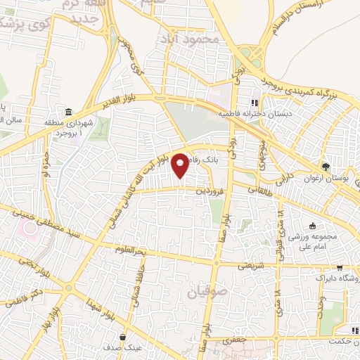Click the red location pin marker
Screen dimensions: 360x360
[x=181, y=165]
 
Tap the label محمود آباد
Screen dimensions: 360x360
[x=191, y=37]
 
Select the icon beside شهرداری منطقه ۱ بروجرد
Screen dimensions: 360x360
[x=69, y=112]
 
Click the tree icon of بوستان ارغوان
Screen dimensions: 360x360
[x=326, y=167]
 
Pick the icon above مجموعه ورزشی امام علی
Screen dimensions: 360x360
[x=312, y=226]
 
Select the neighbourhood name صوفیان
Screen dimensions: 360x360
[x=202, y=290]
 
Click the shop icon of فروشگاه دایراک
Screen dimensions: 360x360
[x=340, y=268]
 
